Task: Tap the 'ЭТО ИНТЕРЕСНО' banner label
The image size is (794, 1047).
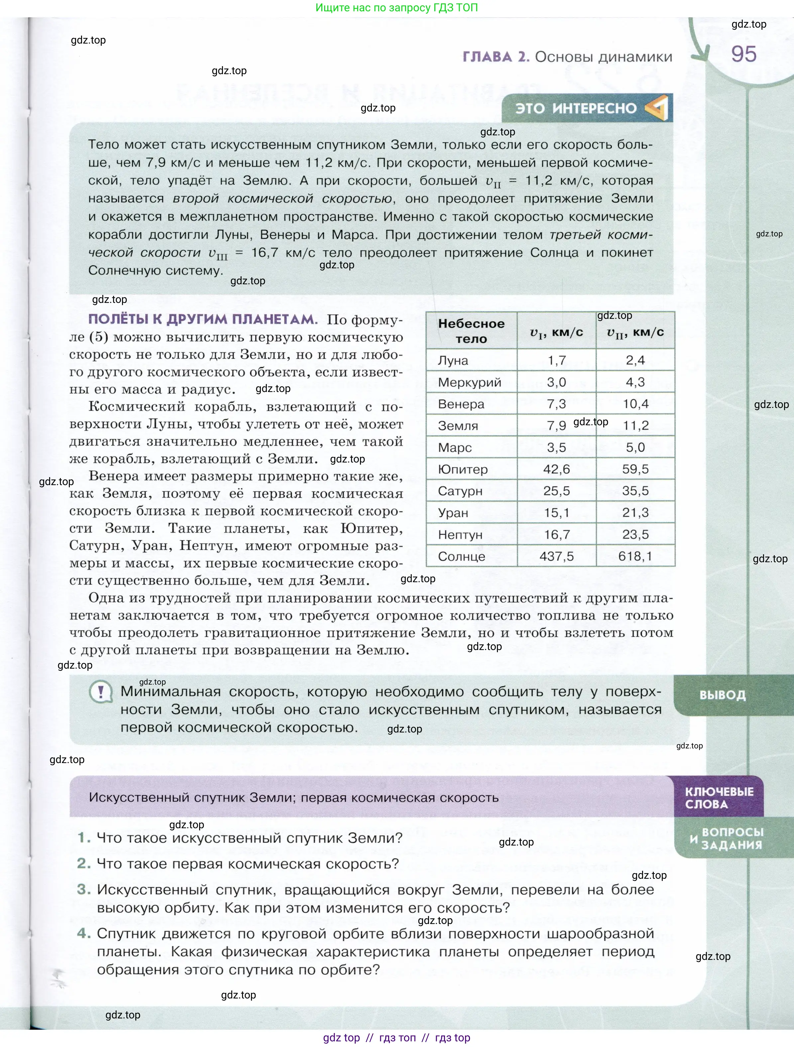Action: pos(576,108)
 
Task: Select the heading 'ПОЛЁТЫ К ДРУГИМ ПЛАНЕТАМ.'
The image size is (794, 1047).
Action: pos(202,320)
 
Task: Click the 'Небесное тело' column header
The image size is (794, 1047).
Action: pos(471,331)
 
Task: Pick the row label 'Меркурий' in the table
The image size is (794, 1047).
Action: pos(469,382)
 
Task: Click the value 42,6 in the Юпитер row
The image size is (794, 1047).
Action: pos(556,469)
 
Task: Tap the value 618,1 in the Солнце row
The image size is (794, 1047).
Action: pos(635,556)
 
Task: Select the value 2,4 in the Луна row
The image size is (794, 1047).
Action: pos(635,360)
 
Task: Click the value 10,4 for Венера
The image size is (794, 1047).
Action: pos(635,404)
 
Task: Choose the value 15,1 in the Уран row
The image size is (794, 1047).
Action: pos(556,513)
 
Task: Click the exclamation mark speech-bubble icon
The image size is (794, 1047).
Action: pos(100,693)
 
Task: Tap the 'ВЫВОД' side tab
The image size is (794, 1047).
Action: pos(722,695)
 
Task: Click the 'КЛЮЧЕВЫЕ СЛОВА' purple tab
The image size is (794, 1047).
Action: pos(719,798)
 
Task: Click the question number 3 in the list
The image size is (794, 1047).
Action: pos(84,889)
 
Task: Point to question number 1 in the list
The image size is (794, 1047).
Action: pos(84,838)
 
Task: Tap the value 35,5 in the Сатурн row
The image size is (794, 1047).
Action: pos(635,491)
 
